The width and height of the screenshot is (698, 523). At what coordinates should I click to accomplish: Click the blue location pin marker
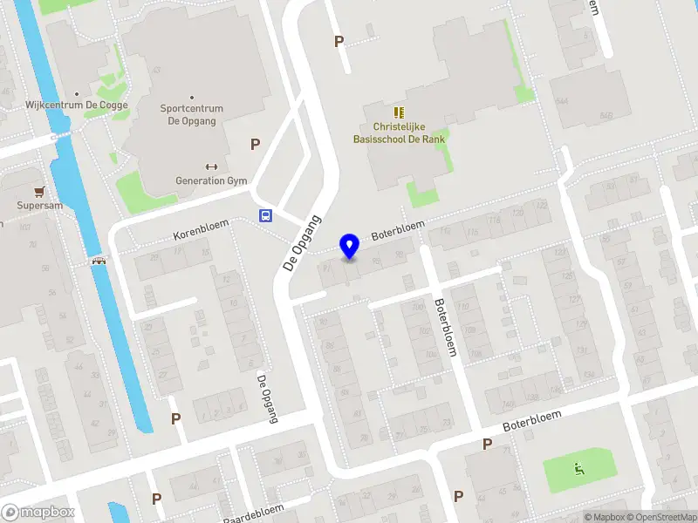tap(350, 246)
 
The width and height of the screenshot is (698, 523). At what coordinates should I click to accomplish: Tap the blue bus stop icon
tap(264, 215)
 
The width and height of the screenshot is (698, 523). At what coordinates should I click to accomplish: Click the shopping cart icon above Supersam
tap(38, 192)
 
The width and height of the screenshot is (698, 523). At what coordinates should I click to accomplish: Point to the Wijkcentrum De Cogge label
tap(77, 105)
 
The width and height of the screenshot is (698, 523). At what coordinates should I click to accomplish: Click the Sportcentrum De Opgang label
tap(192, 115)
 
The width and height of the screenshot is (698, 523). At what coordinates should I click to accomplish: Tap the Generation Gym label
tap(212, 181)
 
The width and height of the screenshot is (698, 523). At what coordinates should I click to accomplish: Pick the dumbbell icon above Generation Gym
tap(211, 166)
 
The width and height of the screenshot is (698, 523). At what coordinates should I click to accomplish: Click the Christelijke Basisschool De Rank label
tap(399, 132)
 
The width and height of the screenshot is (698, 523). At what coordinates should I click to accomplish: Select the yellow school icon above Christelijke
tap(399, 112)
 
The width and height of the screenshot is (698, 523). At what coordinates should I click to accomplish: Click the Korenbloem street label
tap(201, 230)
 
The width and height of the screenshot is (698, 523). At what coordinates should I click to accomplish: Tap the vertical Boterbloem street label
tap(445, 328)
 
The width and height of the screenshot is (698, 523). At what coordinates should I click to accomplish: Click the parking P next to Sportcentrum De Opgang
tap(256, 145)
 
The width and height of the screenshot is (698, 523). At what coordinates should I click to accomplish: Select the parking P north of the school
tap(339, 41)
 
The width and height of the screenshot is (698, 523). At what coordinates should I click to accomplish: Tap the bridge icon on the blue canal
tap(99, 260)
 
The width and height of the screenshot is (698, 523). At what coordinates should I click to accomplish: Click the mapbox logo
tap(38, 513)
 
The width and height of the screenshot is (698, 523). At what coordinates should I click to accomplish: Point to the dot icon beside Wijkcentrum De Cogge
tap(77, 93)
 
